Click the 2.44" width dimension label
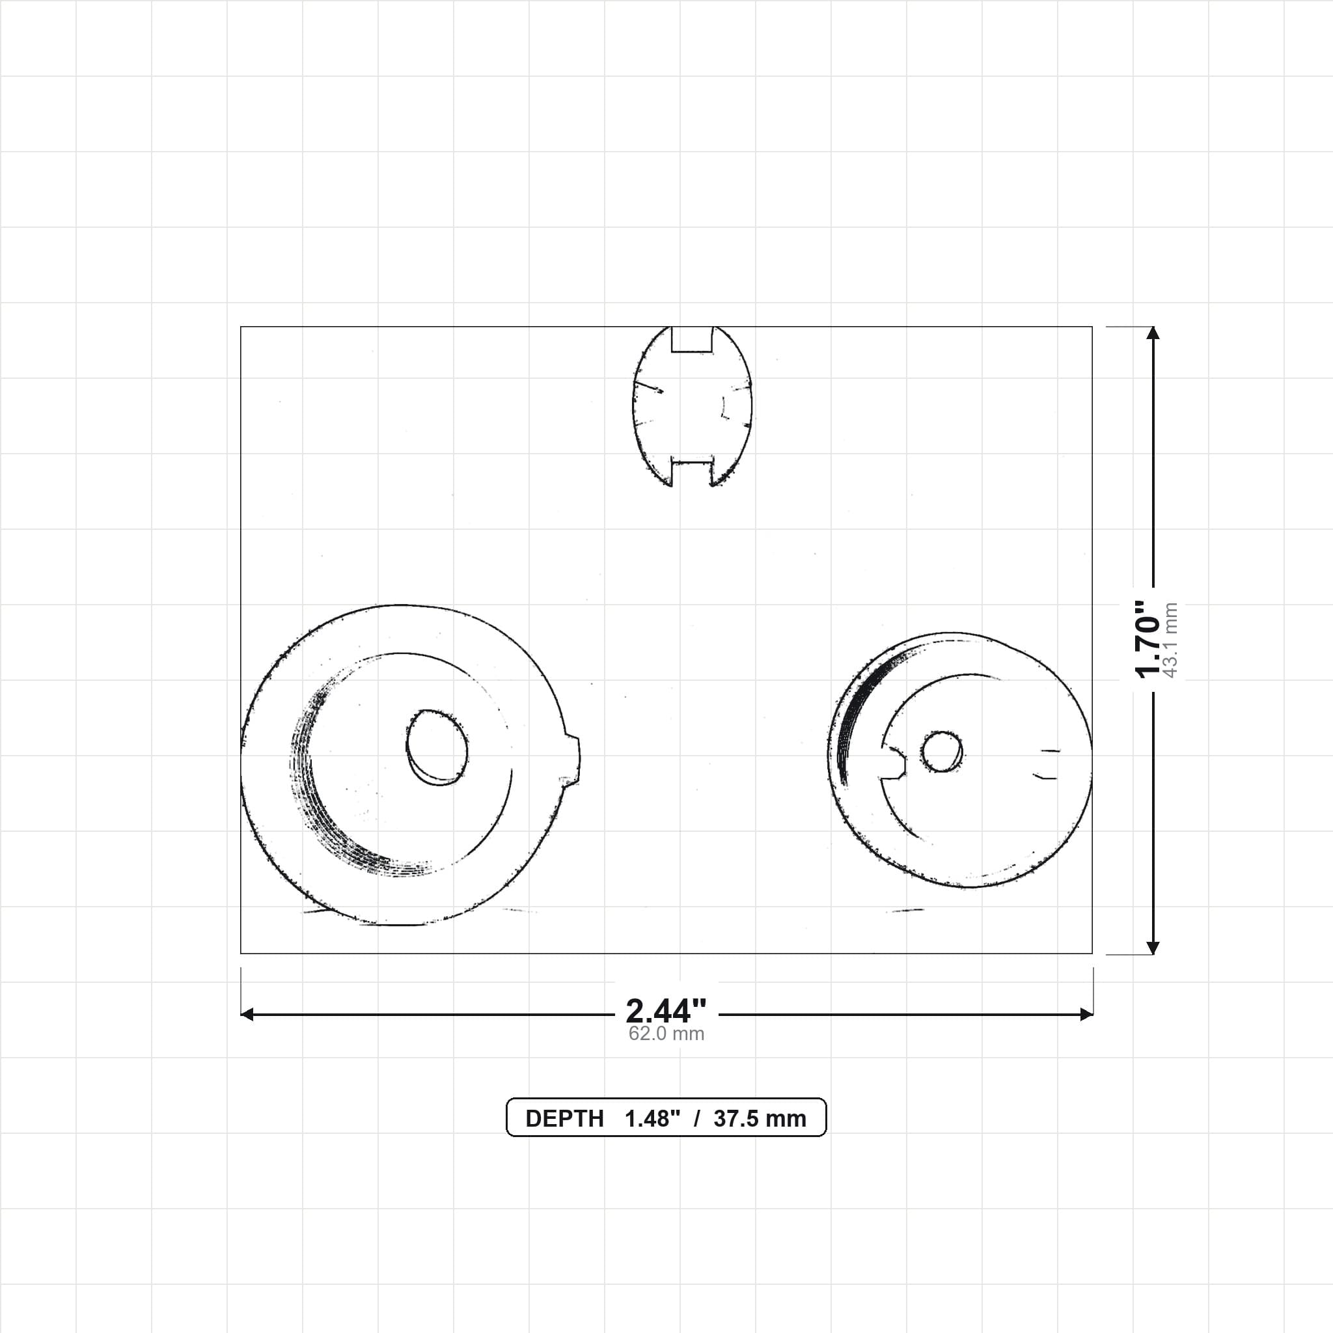(x=666, y=1011)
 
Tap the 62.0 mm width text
(x=666, y=1034)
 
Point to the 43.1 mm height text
(x=1170, y=640)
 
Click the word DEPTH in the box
(x=564, y=1118)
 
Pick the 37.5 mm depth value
(x=760, y=1118)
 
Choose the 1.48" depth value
(x=653, y=1118)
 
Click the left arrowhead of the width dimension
(x=247, y=1014)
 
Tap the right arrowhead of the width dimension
(x=1087, y=1014)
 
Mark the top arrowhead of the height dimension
(x=1153, y=333)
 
